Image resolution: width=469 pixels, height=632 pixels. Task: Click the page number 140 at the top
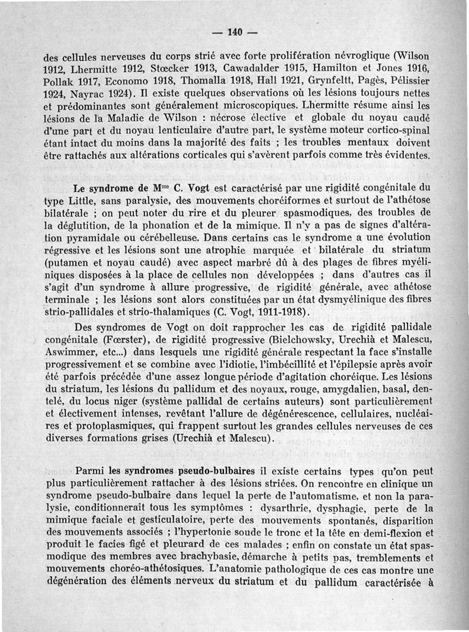click(235, 32)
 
